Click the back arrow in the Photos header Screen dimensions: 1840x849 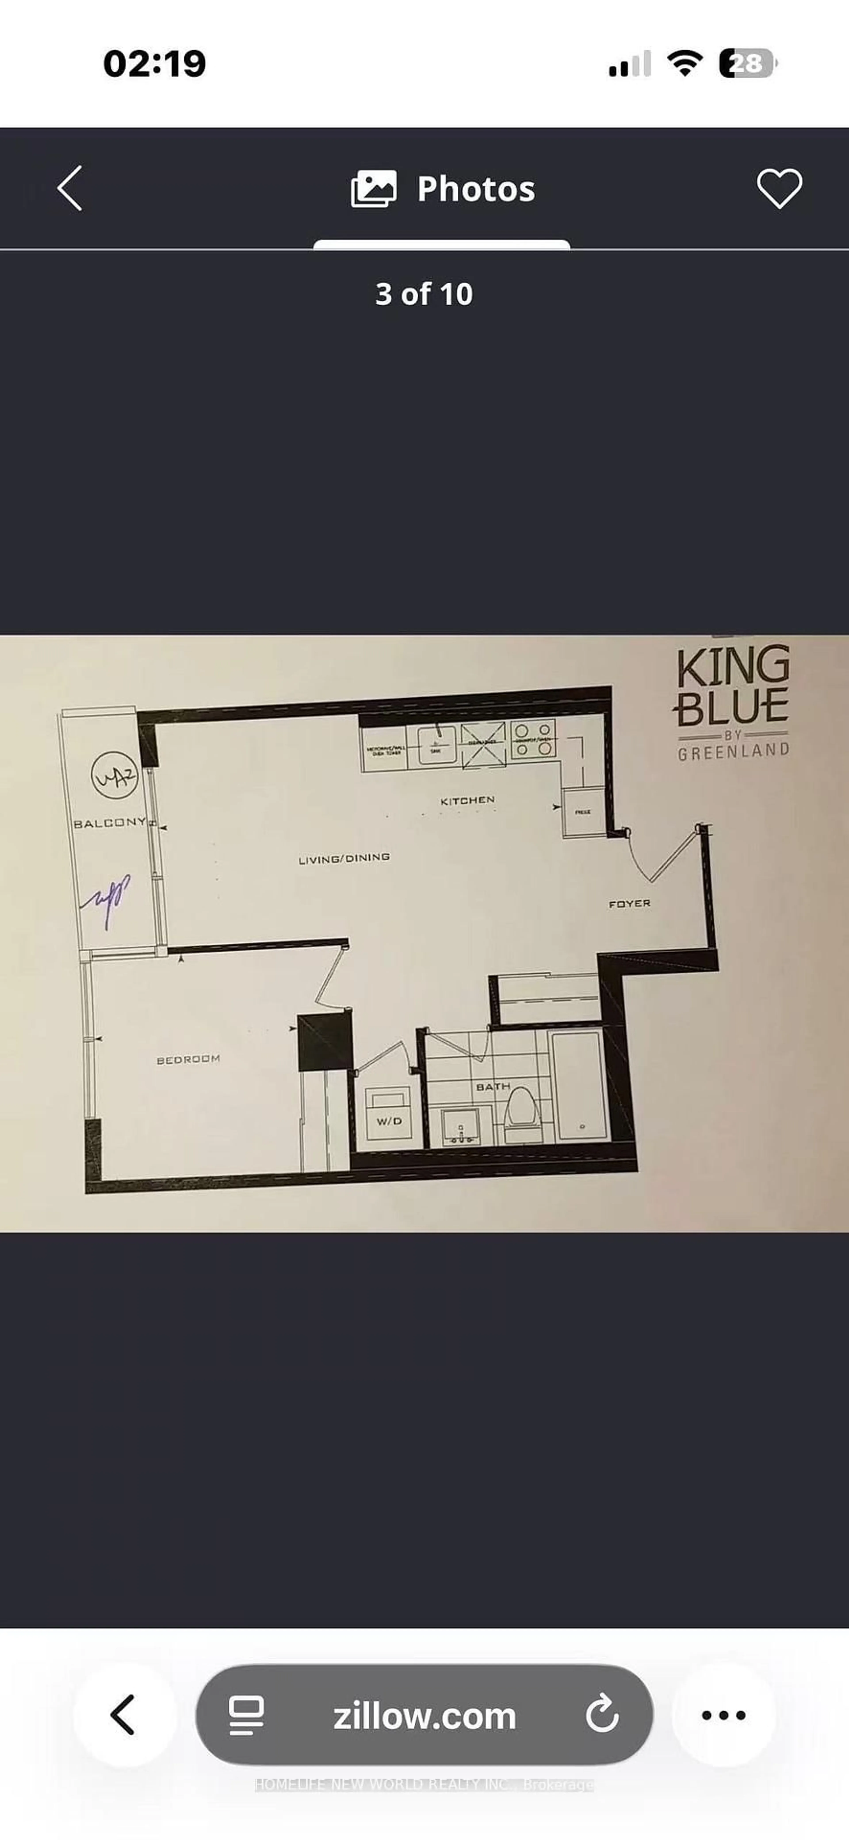pos(70,189)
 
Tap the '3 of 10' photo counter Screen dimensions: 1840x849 pos(424,294)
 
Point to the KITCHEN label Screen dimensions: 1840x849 pos(468,801)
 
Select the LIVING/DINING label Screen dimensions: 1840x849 pos(344,858)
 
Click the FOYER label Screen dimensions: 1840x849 pos(629,904)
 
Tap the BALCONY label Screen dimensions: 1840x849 pos(109,823)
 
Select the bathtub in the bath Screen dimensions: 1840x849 pos(580,1086)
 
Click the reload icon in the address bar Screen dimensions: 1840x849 pos(602,1714)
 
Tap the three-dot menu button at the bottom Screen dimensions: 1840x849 pos(723,1714)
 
